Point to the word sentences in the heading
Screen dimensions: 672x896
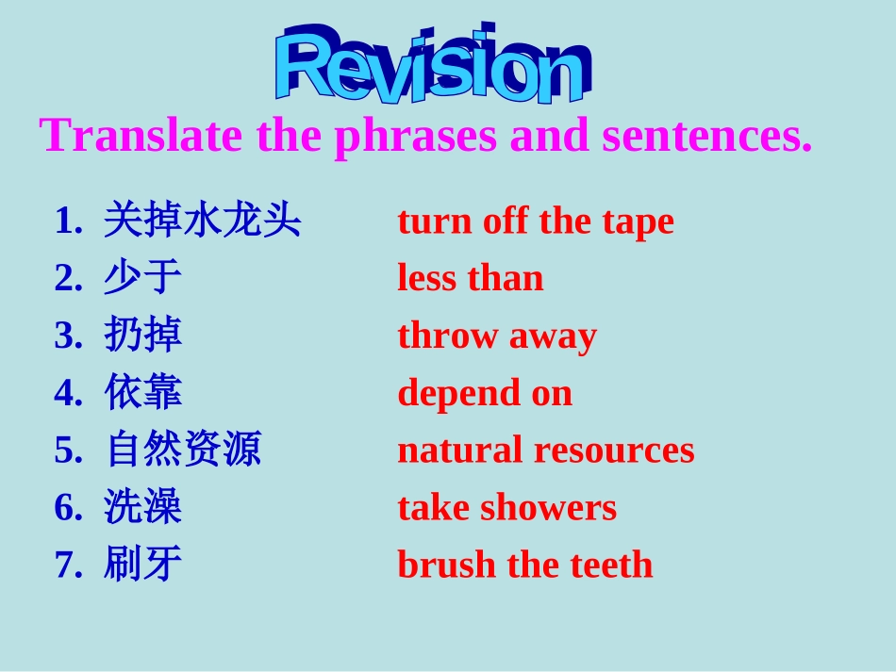tap(706, 136)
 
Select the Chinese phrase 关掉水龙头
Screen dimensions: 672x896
tap(202, 221)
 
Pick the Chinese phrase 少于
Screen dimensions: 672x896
tap(142, 279)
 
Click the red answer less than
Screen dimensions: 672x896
tap(471, 279)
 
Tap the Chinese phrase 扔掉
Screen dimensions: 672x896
tap(142, 336)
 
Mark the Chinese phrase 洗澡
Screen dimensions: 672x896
tap(142, 508)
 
